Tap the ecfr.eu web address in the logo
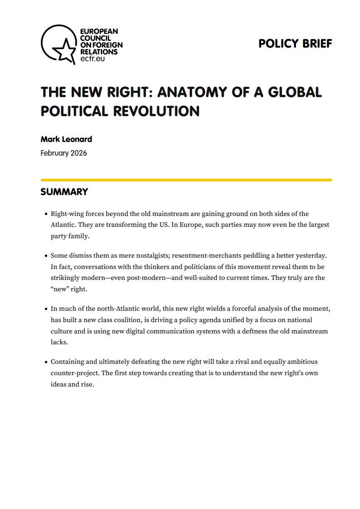pyautogui.click(x=92, y=59)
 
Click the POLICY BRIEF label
pyautogui.click(x=295, y=44)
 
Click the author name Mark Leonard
pyautogui.click(x=66, y=139)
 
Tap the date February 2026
pyautogui.click(x=64, y=153)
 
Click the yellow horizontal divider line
pyautogui.click(x=186, y=180)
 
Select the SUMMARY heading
pyautogui.click(x=64, y=192)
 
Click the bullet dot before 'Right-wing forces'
pyautogui.click(x=46, y=214)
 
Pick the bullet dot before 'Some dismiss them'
pyautogui.click(x=46, y=256)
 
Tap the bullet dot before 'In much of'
pyautogui.click(x=46, y=309)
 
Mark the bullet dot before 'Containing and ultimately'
pyautogui.click(x=46, y=362)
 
